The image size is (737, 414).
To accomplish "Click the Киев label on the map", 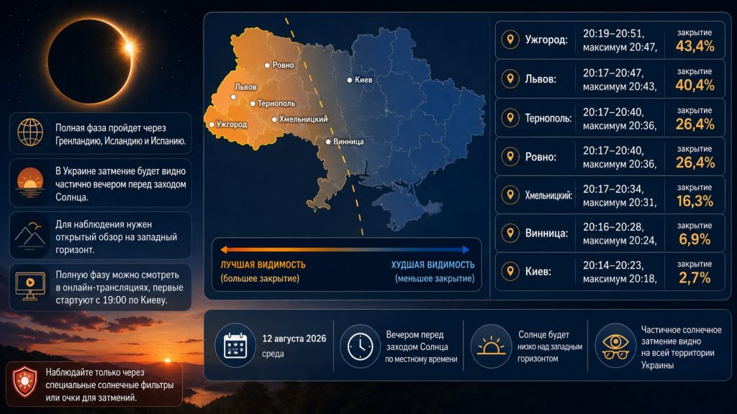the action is (363, 80).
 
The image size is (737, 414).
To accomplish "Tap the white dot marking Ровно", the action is (267, 65).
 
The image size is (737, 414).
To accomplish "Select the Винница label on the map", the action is (348, 142).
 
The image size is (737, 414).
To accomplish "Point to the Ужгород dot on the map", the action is (212, 124).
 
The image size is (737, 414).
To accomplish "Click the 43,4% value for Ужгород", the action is (695, 46).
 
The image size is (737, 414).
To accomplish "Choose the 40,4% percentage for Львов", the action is (695, 85).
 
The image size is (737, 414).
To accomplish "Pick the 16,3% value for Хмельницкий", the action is (695, 201).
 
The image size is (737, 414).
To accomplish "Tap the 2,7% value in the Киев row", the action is (695, 278).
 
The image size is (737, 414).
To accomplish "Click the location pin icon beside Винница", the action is (510, 233).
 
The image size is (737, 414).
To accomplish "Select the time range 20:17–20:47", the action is (613, 73).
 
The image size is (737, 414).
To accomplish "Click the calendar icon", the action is (235, 346).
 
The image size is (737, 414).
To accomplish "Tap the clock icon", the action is (360, 346).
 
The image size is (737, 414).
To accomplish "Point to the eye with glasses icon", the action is (616, 346).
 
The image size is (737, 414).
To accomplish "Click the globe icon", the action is (30, 132).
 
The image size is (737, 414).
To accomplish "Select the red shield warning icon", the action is (24, 382).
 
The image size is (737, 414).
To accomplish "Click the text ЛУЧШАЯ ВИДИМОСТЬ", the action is (263, 264).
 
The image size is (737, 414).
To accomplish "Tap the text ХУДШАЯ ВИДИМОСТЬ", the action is (433, 264).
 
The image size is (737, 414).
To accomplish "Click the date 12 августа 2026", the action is (294, 339).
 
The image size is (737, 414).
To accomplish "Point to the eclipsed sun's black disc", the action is (89, 61).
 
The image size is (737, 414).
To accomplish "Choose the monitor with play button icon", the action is (30, 286).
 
